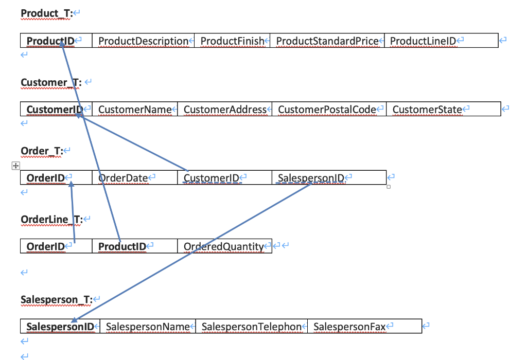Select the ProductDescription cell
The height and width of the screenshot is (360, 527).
[144, 41]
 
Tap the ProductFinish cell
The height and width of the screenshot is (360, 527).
[232, 41]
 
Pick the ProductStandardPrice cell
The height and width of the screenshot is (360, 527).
[327, 41]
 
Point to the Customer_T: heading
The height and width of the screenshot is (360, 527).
[51, 82]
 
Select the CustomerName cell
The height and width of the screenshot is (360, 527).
[135, 109]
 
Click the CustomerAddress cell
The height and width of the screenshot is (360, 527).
[225, 109]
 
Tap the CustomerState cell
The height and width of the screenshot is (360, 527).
[427, 109]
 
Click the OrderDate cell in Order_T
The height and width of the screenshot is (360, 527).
[123, 178]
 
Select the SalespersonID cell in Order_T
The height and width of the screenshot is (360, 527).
[311, 178]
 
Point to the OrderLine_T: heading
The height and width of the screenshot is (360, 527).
[51, 220]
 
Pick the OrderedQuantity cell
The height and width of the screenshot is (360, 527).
[223, 246]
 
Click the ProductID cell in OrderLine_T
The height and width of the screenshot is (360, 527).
[122, 246]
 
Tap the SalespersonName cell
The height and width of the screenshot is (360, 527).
[148, 326]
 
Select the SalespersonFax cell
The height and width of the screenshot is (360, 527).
[349, 326]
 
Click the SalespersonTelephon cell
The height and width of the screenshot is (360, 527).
[251, 326]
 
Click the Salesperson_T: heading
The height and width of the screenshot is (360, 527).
[56, 299]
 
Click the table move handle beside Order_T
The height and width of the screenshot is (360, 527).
[15, 166]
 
